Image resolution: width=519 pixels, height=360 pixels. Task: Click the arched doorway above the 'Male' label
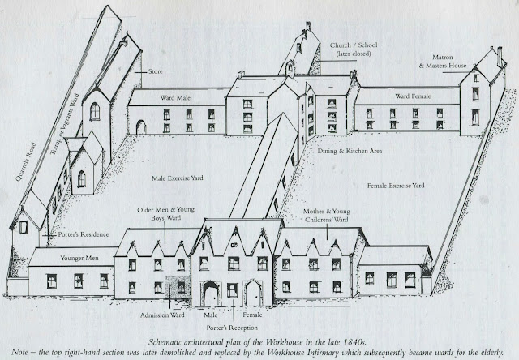click(211, 291)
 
